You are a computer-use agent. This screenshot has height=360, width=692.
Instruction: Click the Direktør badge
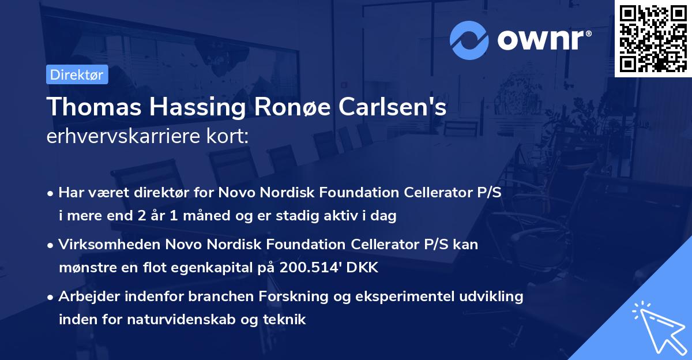(x=77, y=74)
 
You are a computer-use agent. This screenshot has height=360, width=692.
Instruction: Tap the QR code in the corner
(x=653, y=38)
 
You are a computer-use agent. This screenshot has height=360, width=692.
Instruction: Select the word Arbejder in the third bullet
(x=86, y=297)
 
